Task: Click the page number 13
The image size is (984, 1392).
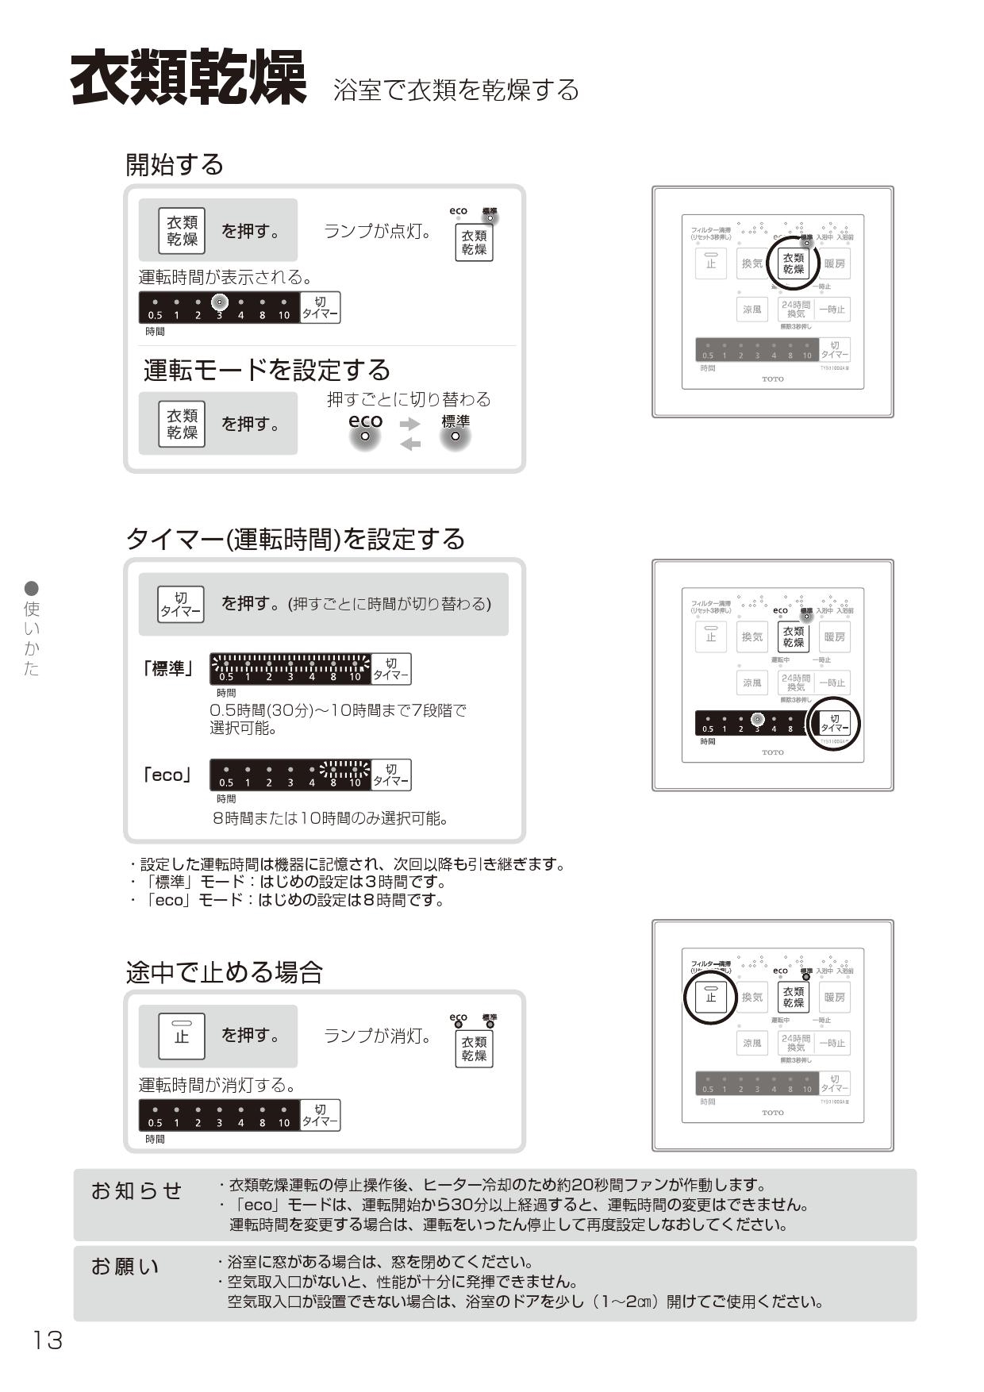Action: [x=47, y=1340]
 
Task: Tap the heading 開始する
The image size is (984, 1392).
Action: [x=175, y=165]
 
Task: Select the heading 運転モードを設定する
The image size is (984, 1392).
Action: [x=267, y=370]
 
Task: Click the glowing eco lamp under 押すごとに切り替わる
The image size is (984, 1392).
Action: [x=365, y=436]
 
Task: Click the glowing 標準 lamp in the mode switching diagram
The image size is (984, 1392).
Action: [x=455, y=436]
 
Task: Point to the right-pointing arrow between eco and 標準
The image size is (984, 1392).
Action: [x=410, y=424]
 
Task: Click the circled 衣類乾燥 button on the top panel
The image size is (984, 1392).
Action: [x=793, y=263]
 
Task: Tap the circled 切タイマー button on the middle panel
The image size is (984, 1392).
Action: [x=834, y=723]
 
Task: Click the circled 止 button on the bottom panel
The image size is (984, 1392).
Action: [x=710, y=997]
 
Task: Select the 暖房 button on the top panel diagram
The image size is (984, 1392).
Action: [x=834, y=263]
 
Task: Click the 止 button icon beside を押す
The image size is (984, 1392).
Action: [x=182, y=1036]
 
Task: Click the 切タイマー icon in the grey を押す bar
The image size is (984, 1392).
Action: [x=181, y=605]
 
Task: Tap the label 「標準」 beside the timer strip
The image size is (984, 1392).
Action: [x=167, y=669]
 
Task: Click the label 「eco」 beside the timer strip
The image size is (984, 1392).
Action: [x=167, y=775]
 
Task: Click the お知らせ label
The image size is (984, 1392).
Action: [x=136, y=1190]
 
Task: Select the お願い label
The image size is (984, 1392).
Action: [x=125, y=1267]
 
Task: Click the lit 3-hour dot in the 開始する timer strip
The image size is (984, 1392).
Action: [x=220, y=302]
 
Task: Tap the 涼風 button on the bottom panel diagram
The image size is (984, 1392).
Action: [x=752, y=1043]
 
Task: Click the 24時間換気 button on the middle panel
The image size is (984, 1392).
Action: [x=795, y=683]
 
